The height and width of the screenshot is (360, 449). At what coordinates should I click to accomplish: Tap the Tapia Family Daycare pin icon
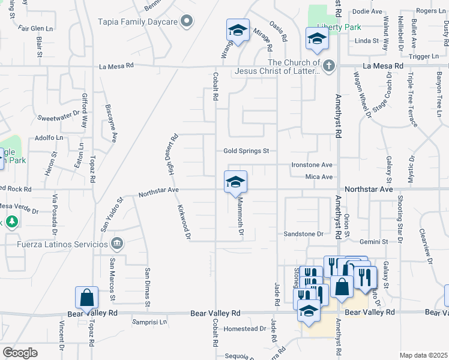point(187,22)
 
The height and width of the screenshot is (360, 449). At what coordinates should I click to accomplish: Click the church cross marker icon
point(328,67)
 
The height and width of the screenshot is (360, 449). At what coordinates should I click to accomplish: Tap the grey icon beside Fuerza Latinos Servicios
point(117,244)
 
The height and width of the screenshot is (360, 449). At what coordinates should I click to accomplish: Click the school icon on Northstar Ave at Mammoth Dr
point(236,182)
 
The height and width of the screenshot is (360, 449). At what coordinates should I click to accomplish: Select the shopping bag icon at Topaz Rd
point(86,298)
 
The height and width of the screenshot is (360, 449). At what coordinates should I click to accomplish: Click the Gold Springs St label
point(246,151)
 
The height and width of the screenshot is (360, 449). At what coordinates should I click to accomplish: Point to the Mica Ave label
point(319,177)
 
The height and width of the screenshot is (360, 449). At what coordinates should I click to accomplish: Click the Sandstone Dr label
point(304,234)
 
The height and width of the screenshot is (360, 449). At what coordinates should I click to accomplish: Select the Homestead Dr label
point(244,329)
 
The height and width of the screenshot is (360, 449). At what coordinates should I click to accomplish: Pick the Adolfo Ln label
point(49,137)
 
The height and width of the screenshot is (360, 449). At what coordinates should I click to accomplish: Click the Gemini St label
point(374,241)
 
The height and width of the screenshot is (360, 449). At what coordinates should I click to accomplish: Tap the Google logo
point(20,352)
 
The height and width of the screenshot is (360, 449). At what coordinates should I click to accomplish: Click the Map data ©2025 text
point(423,355)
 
